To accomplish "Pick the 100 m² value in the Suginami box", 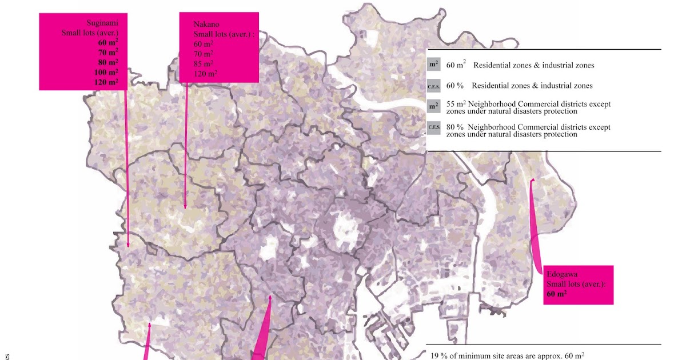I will (107, 72).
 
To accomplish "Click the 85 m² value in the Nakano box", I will (204, 63).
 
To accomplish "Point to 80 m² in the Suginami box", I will (107, 62).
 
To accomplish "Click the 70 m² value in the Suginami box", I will (107, 52).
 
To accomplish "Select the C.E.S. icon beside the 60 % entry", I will (433, 86).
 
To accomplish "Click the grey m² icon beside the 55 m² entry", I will (433, 107).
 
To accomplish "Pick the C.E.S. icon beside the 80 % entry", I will (433, 127).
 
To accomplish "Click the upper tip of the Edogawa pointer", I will (532, 181).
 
